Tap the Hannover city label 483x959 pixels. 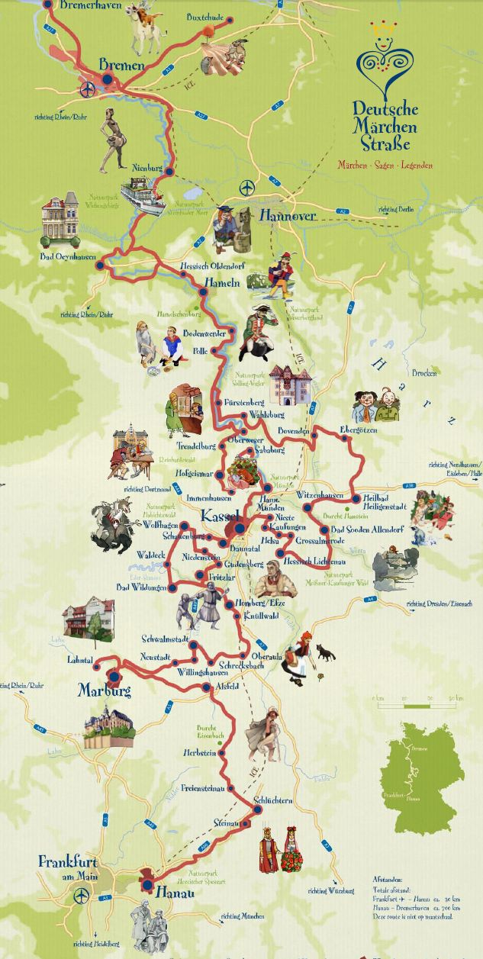coord(287,216)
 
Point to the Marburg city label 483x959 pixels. coord(105,690)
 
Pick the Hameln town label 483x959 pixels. coord(222,282)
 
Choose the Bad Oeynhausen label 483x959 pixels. coord(69,257)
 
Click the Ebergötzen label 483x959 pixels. coord(359,430)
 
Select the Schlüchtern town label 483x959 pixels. coord(273,800)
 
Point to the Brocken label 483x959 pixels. coord(425,373)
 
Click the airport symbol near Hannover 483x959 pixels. coord(246,186)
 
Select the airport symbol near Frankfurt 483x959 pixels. coord(79,896)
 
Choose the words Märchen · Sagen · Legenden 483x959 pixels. coord(385,165)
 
